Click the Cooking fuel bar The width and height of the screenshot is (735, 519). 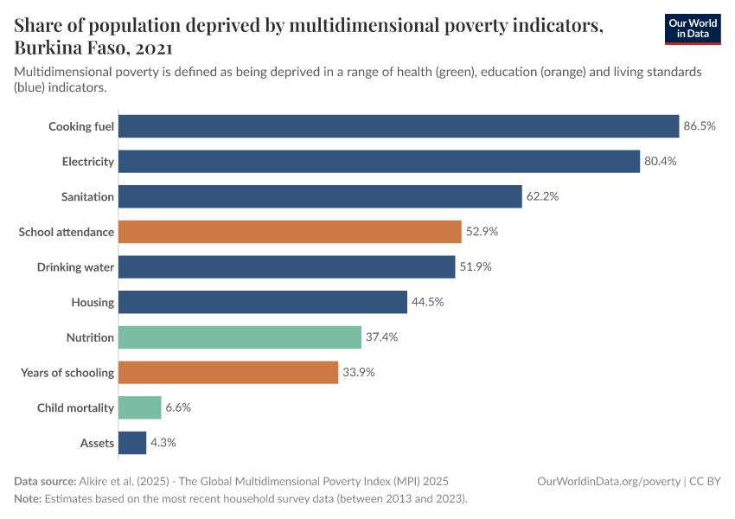tap(398, 126)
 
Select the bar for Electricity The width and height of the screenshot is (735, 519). tap(379, 162)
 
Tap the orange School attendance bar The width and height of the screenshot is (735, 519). tap(289, 232)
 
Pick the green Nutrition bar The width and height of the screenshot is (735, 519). tap(240, 337)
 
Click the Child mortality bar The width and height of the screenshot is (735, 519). tap(139, 407)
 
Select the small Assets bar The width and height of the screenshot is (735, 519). tap(132, 443)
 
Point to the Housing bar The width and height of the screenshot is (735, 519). tap(262, 302)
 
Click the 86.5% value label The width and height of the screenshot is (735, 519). tap(700, 126)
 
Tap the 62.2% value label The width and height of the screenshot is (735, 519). tap(542, 196)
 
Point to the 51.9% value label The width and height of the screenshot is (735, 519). tap(476, 267)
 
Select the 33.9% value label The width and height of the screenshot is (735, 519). tap(358, 373)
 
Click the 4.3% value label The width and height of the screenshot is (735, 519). tap(163, 443)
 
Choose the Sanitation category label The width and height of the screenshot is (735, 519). tap(87, 196)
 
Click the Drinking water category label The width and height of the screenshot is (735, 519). tap(75, 267)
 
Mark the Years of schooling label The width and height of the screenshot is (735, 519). tap(67, 373)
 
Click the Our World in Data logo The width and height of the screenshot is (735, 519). tap(692, 29)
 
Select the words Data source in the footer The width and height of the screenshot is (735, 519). tap(44, 481)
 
